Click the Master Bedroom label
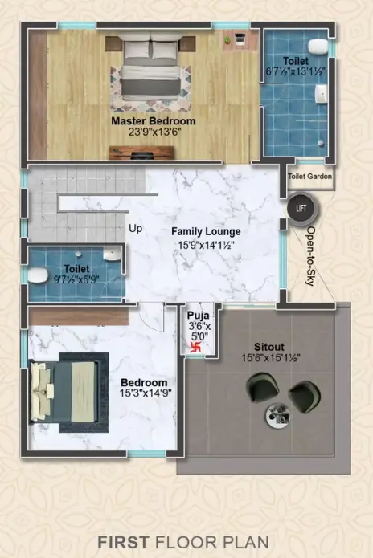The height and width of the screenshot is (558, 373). pyautogui.click(x=154, y=121)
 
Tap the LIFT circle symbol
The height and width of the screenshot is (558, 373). pyautogui.click(x=301, y=208)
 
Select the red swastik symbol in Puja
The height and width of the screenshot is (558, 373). pyautogui.click(x=195, y=347)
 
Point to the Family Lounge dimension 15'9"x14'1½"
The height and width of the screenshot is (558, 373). pyautogui.click(x=206, y=245)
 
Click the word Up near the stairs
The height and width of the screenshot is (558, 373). pyautogui.click(x=135, y=229)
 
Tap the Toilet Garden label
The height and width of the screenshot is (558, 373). pyautogui.click(x=309, y=176)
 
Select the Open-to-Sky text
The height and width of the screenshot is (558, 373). pyautogui.click(x=310, y=256)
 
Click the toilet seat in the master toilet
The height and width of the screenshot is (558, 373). pyautogui.click(x=318, y=47)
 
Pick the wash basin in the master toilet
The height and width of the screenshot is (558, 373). pyautogui.click(x=322, y=94)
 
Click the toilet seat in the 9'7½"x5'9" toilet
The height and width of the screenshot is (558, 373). pyautogui.click(x=38, y=275)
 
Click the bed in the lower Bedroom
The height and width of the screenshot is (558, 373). pyautogui.click(x=64, y=392)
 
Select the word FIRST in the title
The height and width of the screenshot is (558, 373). pyautogui.click(x=123, y=542)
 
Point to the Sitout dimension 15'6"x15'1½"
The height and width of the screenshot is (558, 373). pyautogui.click(x=271, y=357)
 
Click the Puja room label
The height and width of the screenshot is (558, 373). pyautogui.click(x=199, y=315)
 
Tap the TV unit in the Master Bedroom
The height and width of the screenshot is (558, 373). pyautogui.click(x=141, y=153)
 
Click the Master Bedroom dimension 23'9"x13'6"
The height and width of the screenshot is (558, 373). pyautogui.click(x=155, y=132)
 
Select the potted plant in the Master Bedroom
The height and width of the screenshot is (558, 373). pyautogui.click(x=227, y=39)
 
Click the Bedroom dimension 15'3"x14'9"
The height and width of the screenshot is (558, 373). pyautogui.click(x=146, y=393)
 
